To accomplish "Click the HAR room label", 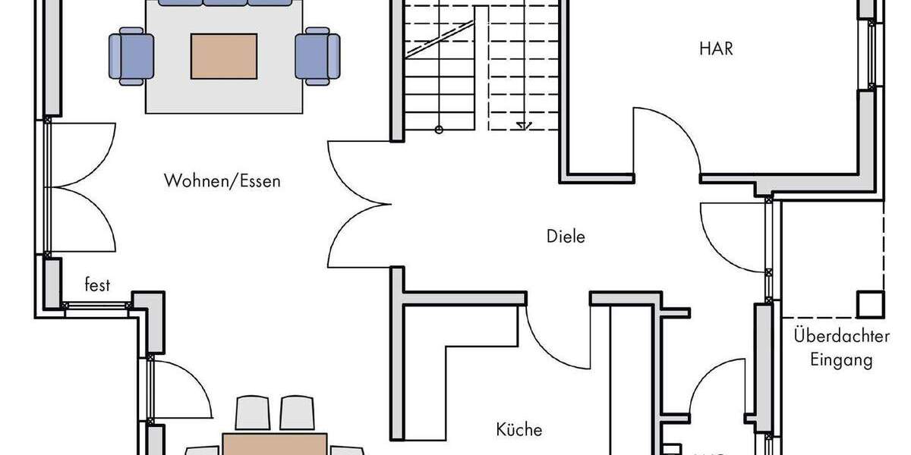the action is coord(716,49).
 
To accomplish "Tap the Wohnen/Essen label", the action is coord(222,181).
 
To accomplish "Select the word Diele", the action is coord(566,237).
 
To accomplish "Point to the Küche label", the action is coord(519,430).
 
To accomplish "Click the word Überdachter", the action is coord(832,334).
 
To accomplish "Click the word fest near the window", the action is coord(97,286).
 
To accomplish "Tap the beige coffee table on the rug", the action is coord(224,56).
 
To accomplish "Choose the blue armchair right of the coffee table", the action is coord(317,56).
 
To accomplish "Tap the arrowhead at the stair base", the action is coord(522,127).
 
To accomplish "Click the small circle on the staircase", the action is coord(439,130).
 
